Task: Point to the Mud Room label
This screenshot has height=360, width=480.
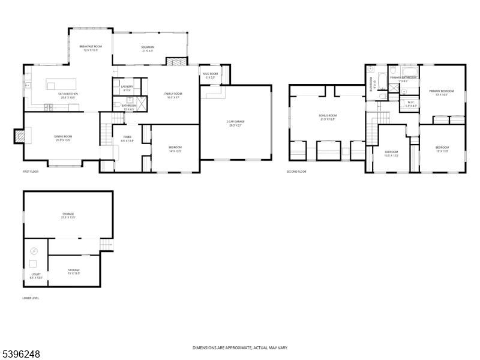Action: (211, 76)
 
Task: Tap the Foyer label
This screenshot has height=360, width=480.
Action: (127, 139)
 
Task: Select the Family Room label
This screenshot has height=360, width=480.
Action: (173, 95)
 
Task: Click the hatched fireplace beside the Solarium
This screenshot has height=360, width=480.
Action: (173, 62)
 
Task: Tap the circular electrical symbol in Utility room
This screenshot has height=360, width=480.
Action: (34, 251)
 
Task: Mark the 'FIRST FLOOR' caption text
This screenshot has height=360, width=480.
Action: (30, 172)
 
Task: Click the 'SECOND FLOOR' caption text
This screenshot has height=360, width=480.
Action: (296, 172)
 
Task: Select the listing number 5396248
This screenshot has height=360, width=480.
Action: (21, 355)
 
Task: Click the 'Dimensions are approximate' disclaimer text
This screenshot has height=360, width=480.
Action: (239, 348)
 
